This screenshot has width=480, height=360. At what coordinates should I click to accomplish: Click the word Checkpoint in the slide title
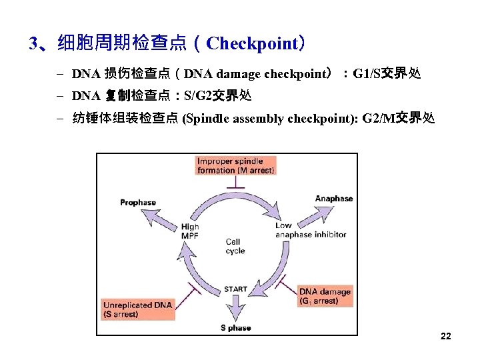pyautogui.click(x=253, y=44)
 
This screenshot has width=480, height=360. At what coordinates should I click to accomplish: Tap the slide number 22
pyautogui.click(x=446, y=336)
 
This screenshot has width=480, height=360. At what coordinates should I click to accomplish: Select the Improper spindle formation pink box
pyautogui.click(x=235, y=165)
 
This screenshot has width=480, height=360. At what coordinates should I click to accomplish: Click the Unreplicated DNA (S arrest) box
pyautogui.click(x=138, y=309)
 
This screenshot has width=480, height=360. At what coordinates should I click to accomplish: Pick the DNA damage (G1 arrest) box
pyautogui.click(x=325, y=296)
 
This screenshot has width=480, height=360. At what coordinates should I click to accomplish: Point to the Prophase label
pyautogui.click(x=138, y=203)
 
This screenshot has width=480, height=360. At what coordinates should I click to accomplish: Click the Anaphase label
pyautogui.click(x=333, y=199)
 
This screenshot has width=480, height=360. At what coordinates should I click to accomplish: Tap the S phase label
pyautogui.click(x=235, y=327)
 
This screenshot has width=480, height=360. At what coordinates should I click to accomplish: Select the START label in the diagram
pyautogui.click(x=235, y=289)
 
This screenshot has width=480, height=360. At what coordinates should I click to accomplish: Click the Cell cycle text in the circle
pyautogui.click(x=235, y=247)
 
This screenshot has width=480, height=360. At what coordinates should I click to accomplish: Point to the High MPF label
pyautogui.click(x=190, y=231)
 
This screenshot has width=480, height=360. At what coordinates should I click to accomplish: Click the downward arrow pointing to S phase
pyautogui.click(x=235, y=308)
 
